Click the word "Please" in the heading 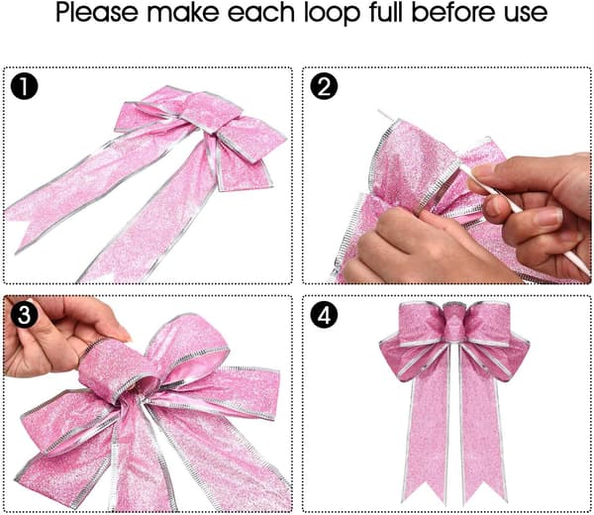pyautogui.click(x=97, y=13)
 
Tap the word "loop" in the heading pyautogui.click(x=332, y=14)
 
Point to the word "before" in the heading pyautogui.click(x=453, y=12)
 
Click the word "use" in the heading pyautogui.click(x=526, y=14)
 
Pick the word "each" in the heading pyautogui.click(x=261, y=12)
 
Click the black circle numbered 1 pyautogui.click(x=24, y=87)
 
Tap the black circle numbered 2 pyautogui.click(x=324, y=87)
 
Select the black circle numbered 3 pyautogui.click(x=24, y=314)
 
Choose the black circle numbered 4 pyautogui.click(x=324, y=314)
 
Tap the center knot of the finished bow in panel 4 pyautogui.click(x=454, y=324)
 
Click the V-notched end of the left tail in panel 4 pyautogui.click(x=424, y=491)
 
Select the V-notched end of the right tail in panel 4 pyautogui.click(x=484, y=491)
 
